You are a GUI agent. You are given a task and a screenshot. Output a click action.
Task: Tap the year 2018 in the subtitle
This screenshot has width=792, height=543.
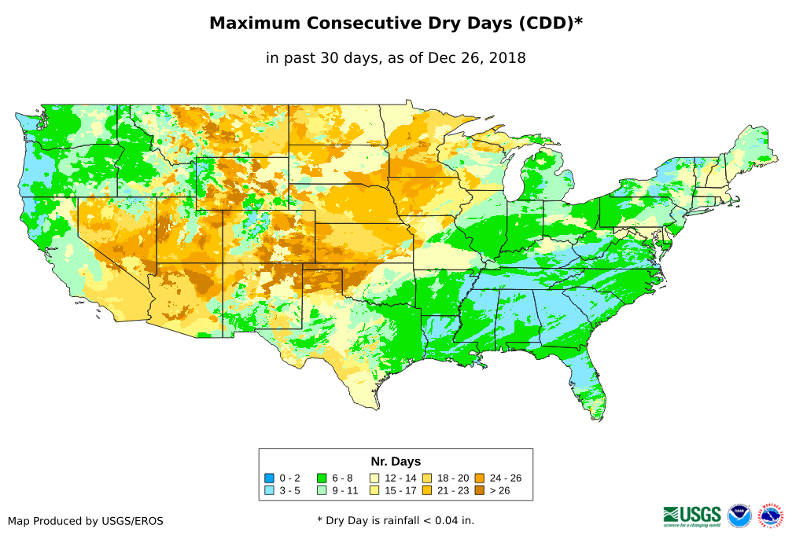(x=507, y=58)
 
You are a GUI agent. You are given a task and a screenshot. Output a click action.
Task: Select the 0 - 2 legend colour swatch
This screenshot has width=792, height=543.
(x=269, y=478)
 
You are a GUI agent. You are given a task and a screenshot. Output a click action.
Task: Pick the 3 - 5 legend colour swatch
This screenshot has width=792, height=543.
(x=269, y=490)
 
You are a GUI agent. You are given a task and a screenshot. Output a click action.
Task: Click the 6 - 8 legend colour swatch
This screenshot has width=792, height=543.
(x=321, y=478)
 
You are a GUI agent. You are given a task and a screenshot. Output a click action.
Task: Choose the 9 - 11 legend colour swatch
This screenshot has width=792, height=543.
(x=321, y=490)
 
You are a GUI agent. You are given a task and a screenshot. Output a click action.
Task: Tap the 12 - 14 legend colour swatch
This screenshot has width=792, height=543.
(x=375, y=478)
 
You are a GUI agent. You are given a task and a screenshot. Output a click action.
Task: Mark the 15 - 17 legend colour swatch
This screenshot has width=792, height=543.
(x=375, y=490)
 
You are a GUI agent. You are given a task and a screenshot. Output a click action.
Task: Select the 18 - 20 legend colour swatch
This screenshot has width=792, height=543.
(x=427, y=478)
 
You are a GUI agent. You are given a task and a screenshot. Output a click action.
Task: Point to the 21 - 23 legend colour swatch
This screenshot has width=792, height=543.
(x=427, y=490)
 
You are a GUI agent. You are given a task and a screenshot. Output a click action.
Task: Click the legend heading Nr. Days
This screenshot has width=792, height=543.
(x=396, y=461)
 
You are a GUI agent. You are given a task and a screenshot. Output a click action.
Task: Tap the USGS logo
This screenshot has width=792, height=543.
(x=692, y=515)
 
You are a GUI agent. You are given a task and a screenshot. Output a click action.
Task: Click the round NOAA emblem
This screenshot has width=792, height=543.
(x=739, y=515)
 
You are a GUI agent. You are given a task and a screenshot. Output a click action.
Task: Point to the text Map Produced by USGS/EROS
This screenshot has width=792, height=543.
(x=86, y=521)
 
